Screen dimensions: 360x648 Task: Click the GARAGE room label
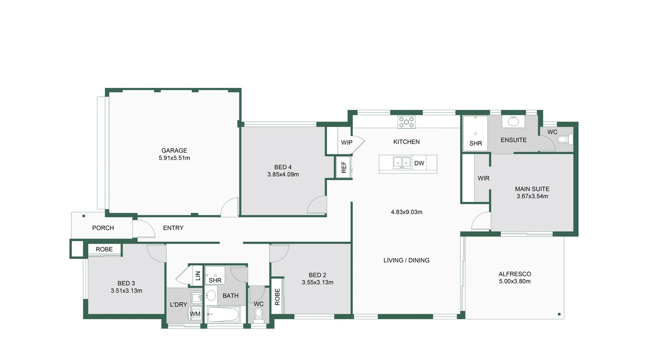174,151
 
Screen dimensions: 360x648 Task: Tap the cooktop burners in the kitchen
406,122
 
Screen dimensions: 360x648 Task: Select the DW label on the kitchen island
419,163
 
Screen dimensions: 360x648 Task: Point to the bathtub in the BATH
224,315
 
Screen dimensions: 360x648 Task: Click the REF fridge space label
344,167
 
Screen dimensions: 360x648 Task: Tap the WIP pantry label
347,143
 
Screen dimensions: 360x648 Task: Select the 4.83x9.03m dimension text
406,212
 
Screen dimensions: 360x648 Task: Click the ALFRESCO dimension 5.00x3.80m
515,281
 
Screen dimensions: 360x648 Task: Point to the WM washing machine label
195,314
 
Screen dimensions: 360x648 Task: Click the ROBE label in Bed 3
104,250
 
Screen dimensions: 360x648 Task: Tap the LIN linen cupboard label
198,276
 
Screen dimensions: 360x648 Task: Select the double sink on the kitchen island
402,162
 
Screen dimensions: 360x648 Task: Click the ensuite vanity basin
513,122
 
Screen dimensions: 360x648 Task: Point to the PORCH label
103,228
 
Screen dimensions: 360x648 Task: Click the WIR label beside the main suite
483,178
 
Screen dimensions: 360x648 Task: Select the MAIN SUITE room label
532,189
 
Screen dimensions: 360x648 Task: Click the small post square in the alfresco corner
559,314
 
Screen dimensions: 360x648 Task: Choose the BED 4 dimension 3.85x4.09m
283,175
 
